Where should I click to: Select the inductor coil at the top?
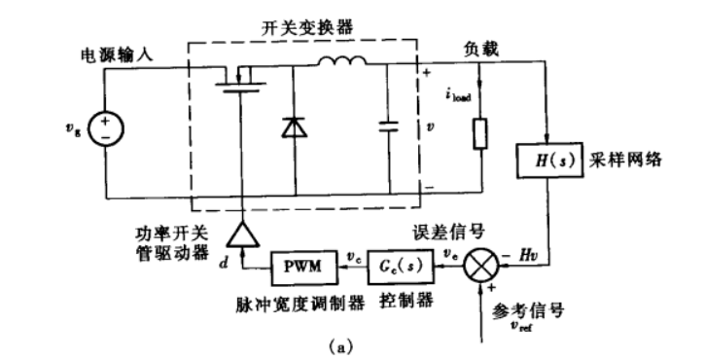click(x=339, y=65)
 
